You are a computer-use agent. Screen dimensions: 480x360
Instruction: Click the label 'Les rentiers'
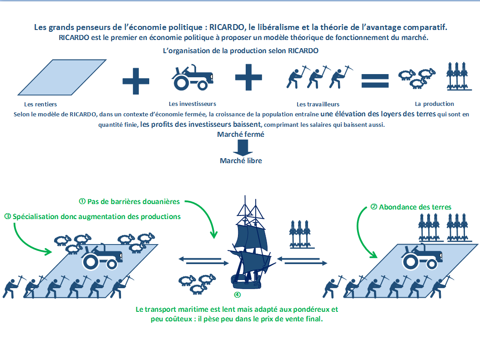[40, 104]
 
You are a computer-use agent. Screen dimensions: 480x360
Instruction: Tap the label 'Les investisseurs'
[192, 104]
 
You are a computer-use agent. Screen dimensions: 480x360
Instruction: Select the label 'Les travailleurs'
[318, 104]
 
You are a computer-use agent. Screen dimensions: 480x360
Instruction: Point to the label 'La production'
[434, 104]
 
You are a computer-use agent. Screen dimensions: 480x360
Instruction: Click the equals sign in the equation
[375, 81]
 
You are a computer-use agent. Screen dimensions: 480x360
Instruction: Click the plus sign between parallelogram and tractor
[136, 81]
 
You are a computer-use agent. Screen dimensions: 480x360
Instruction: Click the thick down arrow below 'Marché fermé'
[243, 147]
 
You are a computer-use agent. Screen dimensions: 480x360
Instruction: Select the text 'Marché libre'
[241, 160]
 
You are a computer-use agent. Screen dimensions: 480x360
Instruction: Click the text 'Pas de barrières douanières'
[133, 201]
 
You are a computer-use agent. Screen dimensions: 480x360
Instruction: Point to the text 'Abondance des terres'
[415, 207]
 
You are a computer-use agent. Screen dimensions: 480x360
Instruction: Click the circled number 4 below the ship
[237, 295]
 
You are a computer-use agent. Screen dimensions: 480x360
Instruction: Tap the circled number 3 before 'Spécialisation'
[8, 216]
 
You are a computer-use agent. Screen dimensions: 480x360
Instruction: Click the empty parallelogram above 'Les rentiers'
[62, 77]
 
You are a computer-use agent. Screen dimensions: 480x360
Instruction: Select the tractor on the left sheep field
[102, 257]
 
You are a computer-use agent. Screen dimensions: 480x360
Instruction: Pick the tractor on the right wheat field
[421, 257]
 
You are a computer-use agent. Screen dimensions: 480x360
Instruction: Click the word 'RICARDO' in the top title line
[227, 27]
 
